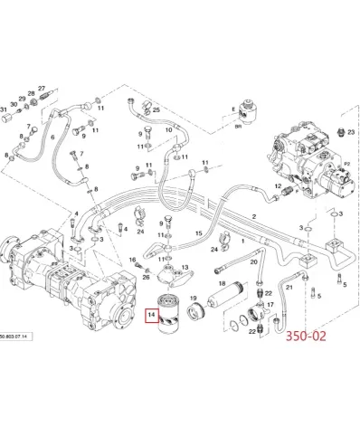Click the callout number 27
pyautogui.click(x=41, y=89)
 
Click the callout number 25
pyautogui.click(x=156, y=109)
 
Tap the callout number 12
pyautogui.click(x=162, y=238)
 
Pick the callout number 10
pyautogui.click(x=167, y=132)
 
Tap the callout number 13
pyautogui.click(x=185, y=268)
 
